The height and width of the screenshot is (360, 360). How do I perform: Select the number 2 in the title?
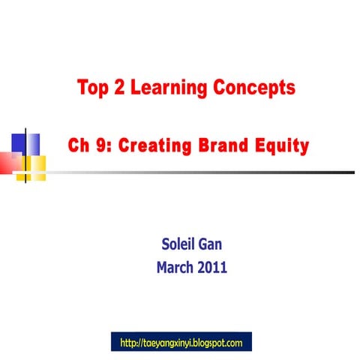(124, 88)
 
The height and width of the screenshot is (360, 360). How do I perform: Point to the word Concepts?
(253, 88)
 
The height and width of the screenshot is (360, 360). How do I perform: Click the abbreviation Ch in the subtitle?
(78, 145)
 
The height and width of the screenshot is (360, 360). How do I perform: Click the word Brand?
(220, 145)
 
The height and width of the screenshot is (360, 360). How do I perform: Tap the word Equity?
(281, 145)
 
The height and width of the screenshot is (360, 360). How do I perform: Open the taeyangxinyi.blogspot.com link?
(181, 343)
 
